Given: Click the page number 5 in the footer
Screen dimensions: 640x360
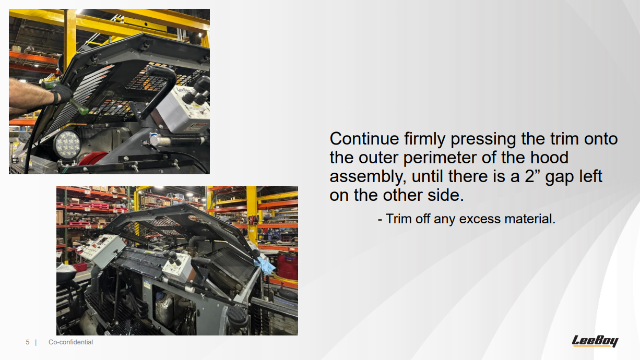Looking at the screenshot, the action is (x=28, y=342).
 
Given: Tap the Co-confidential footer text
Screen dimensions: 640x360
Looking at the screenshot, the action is (x=70, y=342).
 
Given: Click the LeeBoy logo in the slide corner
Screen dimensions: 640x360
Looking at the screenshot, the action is (x=595, y=341).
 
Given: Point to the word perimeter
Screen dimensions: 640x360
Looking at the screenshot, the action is (x=440, y=158).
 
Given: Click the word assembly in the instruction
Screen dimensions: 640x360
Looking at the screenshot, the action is (x=368, y=177).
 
